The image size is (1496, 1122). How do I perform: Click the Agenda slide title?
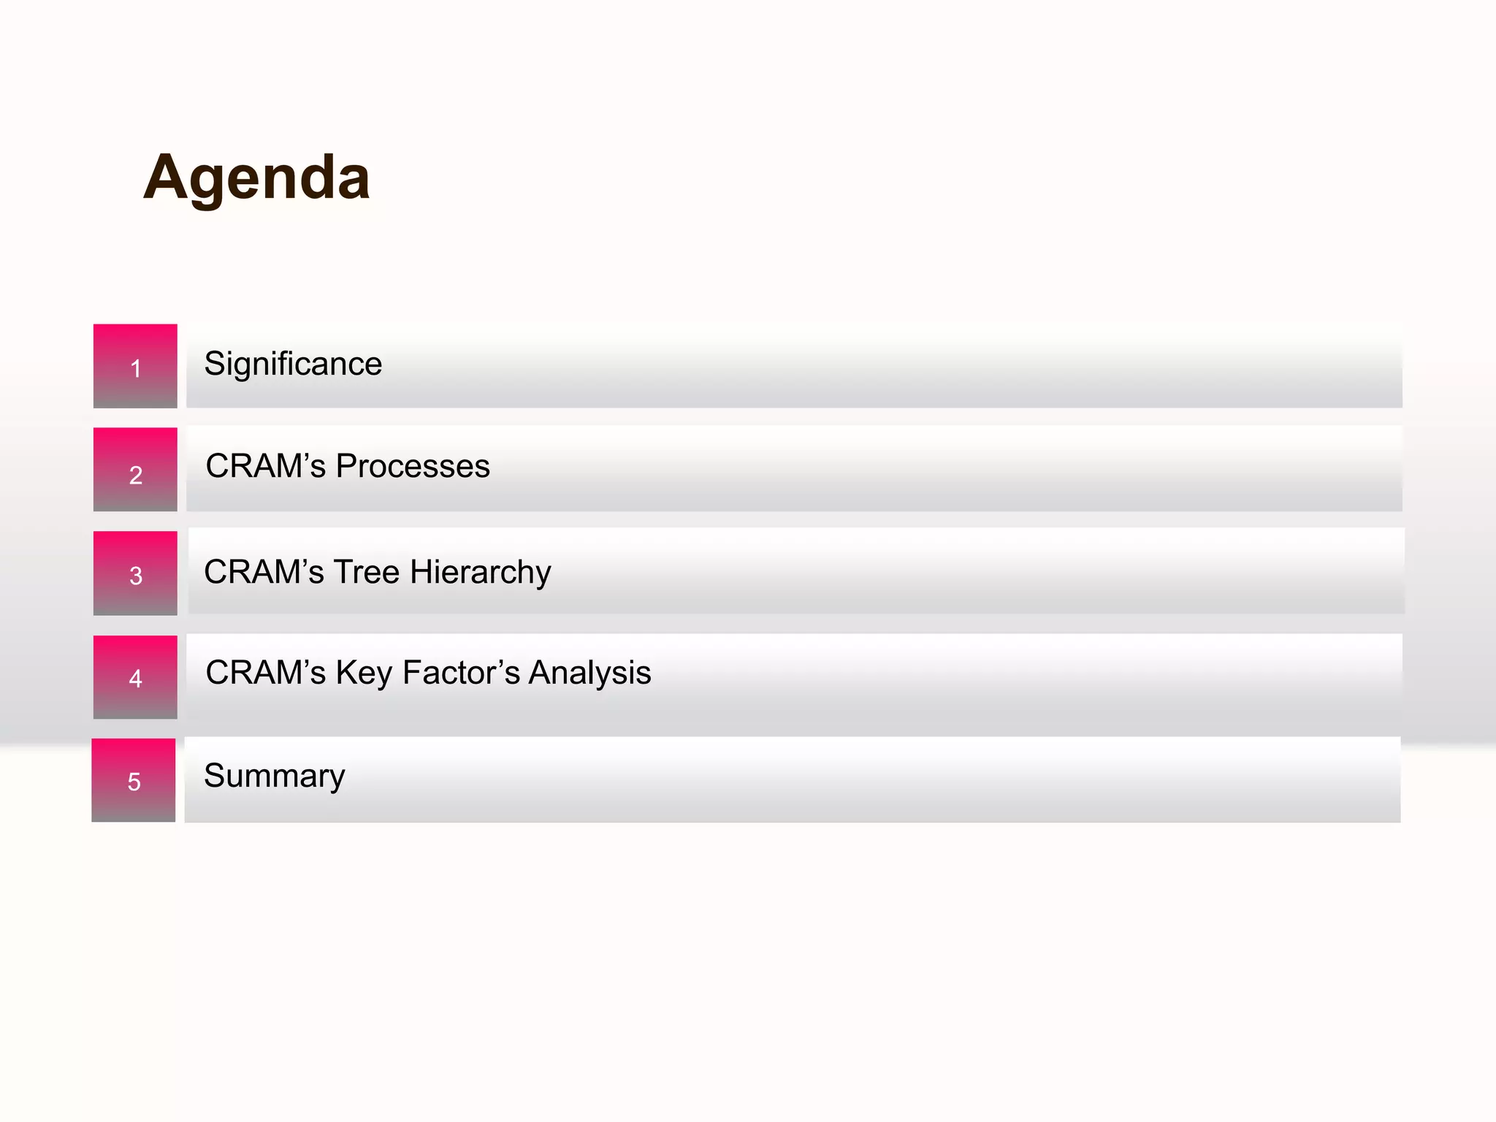click(x=256, y=178)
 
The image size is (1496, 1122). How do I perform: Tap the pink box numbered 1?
click(x=135, y=366)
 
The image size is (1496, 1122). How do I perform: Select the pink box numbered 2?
click(x=135, y=470)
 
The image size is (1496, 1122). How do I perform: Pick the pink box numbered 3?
click(x=135, y=573)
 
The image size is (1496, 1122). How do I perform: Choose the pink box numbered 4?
click(x=135, y=677)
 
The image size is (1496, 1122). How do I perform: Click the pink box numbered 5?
click(x=134, y=780)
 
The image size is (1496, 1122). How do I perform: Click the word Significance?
click(x=293, y=364)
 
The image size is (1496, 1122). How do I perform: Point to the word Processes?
click(x=413, y=466)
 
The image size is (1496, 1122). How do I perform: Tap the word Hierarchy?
click(x=480, y=572)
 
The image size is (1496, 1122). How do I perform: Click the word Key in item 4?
click(x=364, y=673)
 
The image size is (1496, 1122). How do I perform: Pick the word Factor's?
click(x=461, y=673)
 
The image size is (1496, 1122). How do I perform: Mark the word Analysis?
click(x=589, y=673)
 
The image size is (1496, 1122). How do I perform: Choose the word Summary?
click(x=275, y=776)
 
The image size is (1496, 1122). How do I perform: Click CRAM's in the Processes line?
click(x=266, y=466)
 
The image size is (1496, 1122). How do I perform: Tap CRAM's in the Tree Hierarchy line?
click(x=264, y=572)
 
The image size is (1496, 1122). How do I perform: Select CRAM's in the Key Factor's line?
click(x=266, y=673)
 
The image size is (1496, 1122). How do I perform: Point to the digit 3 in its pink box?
click(x=136, y=576)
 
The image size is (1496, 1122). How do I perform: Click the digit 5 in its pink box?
click(x=134, y=782)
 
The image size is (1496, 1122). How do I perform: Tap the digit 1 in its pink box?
click(x=136, y=368)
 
